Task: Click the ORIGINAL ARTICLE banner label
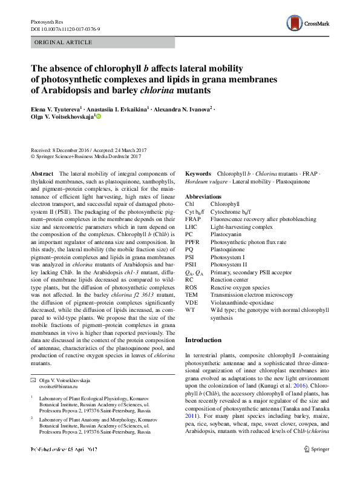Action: pos(63,42)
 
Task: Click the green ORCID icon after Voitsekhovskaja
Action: pos(99,117)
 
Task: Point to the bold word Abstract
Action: pos(42,173)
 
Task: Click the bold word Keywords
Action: pos(198,173)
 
